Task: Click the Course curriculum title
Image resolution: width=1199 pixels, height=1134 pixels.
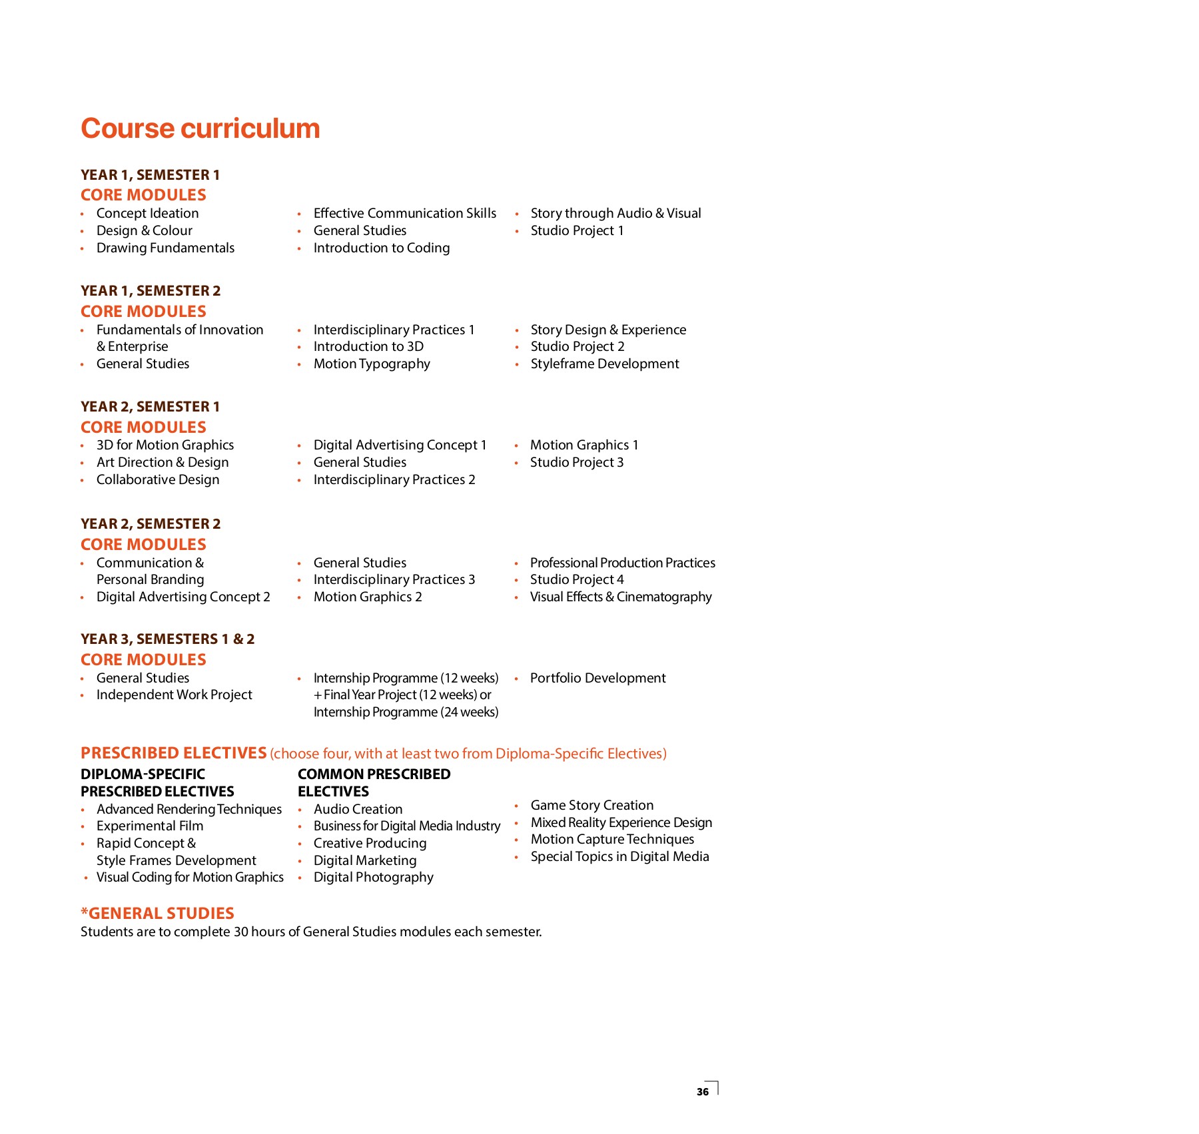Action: coord(200,129)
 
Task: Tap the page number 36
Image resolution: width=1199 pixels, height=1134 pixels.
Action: coord(703,1091)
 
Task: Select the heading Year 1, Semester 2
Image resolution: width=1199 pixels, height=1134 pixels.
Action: coord(151,291)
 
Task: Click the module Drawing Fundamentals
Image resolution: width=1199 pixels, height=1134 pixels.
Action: coord(165,248)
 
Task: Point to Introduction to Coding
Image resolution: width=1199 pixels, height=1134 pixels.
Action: coord(382,248)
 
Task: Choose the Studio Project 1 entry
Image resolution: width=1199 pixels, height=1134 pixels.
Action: coord(577,230)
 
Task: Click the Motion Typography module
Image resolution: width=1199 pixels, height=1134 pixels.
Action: coord(372,364)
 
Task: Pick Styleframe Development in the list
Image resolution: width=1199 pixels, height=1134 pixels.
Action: coord(605,364)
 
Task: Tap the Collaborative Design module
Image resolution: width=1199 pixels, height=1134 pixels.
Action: coord(158,479)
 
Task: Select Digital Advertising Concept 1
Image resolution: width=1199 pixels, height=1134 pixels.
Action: coord(400,445)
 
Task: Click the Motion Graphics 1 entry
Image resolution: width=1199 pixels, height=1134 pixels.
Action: coord(584,445)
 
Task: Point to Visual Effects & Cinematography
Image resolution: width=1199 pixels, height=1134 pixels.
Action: coord(621,597)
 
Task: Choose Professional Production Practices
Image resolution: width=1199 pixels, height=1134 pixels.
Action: coord(623,563)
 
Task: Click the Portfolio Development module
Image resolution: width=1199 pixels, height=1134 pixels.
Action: coord(598,678)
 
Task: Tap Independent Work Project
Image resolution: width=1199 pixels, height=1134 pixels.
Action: coord(175,695)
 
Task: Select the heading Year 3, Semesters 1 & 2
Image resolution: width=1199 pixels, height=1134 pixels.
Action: coord(168,639)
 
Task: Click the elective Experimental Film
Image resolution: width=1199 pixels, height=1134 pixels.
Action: coord(150,826)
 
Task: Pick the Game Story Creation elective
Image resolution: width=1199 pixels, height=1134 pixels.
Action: coord(592,805)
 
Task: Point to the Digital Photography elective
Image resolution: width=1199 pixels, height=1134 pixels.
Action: coord(373,877)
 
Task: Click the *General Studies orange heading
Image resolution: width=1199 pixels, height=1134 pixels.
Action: coord(157,913)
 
